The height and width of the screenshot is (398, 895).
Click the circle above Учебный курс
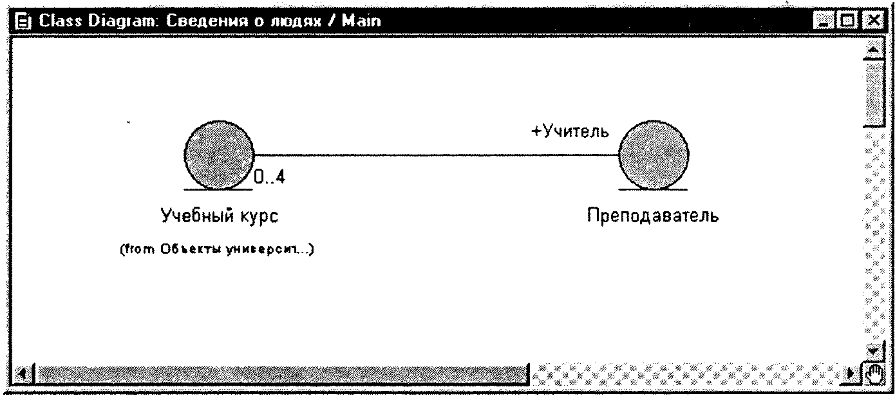(219, 155)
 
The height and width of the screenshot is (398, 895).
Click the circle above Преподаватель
(654, 155)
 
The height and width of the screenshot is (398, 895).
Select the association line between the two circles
(437, 155)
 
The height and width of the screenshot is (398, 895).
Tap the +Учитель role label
(570, 131)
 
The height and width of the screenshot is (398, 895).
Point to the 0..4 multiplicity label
(270, 176)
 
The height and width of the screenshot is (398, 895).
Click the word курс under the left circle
(259, 217)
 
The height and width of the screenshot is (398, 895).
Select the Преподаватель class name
(653, 215)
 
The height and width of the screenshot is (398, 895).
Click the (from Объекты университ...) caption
(217, 249)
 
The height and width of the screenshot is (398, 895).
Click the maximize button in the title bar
(847, 21)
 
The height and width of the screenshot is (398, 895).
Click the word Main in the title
(361, 21)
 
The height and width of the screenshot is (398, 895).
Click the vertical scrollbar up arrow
(874, 50)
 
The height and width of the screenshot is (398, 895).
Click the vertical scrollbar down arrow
(874, 351)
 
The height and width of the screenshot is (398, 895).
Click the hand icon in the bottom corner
(874, 374)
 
